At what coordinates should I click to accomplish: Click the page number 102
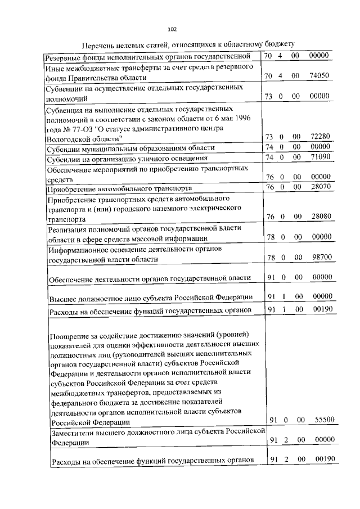173,30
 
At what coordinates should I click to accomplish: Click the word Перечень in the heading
100,45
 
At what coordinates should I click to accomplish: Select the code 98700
322,258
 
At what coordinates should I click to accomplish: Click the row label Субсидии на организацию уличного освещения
127,159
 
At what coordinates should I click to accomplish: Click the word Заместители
74,432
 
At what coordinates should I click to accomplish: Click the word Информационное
79,249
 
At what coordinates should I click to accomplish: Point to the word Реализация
69,229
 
